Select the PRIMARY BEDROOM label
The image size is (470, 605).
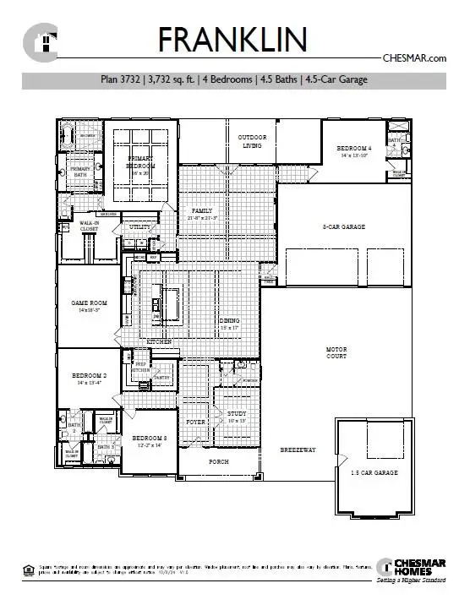tap(142, 162)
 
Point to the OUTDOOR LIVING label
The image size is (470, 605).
tap(251, 141)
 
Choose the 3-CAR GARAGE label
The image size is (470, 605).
tap(343, 226)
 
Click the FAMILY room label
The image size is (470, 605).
tap(203, 210)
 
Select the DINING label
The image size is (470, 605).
tap(231, 321)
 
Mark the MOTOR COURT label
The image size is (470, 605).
tap(337, 352)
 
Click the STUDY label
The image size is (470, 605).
tap(236, 413)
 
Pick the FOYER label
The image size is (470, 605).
tap(196, 420)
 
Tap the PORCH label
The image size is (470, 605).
tap(218, 461)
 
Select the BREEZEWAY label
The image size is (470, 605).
tap(298, 450)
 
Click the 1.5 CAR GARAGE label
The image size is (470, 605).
tap(374, 472)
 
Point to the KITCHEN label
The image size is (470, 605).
tap(159, 341)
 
